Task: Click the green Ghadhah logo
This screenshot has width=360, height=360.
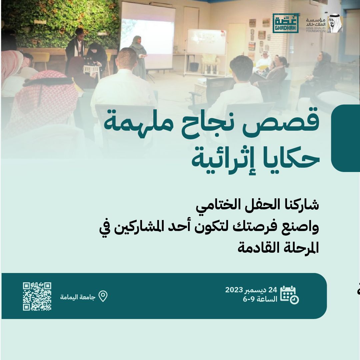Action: click(285, 23)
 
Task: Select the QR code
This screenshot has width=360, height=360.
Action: click(37, 296)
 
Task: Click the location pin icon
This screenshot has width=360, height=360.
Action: click(103, 296)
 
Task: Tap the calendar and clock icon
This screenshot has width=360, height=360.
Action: click(289, 295)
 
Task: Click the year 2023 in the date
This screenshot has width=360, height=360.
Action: click(234, 290)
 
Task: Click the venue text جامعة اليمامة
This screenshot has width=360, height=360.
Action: click(78, 297)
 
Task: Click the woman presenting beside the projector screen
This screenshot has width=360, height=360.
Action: click(138, 57)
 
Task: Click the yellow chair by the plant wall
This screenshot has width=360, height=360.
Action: click(40, 59)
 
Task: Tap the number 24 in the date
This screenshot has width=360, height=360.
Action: click(273, 290)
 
